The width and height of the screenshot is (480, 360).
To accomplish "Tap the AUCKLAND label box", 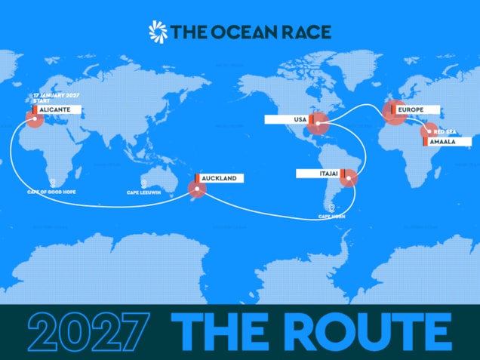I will pos(219,178).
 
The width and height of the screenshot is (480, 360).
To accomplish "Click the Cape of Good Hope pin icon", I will pos(53,183).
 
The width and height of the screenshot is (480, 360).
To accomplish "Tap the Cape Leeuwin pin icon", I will pos(143,183).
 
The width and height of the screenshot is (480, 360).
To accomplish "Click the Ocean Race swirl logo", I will pos(158,31).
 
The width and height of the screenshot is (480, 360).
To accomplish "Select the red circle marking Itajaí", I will pos(349,178).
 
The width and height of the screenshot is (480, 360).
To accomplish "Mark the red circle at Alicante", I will pos(34,118).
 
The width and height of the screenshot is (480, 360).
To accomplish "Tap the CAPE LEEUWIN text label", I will pos(143,193).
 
